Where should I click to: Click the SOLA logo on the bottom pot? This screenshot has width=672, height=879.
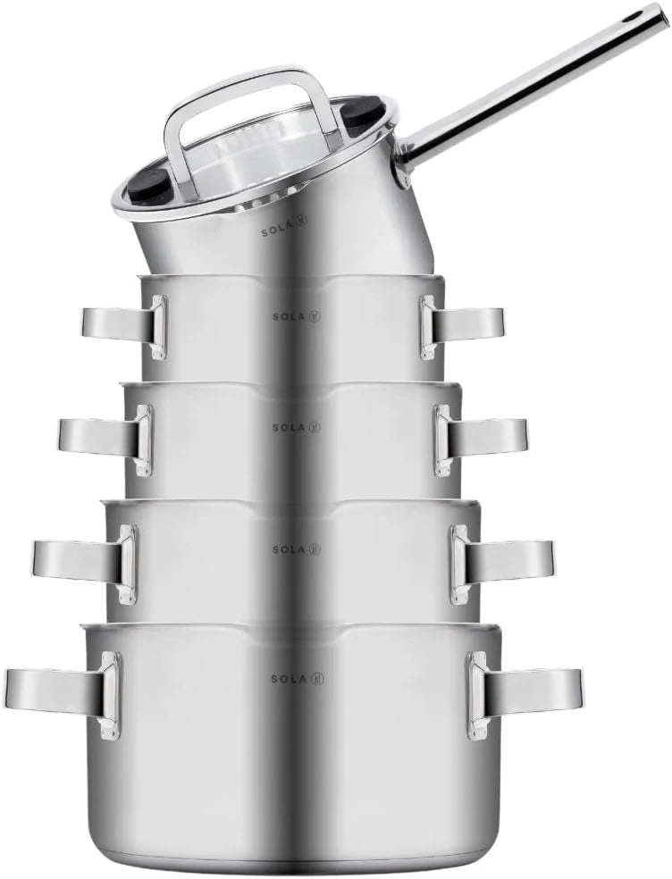pyautogui.click(x=298, y=679)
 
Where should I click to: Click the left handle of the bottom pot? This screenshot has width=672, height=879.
pyautogui.click(x=63, y=693)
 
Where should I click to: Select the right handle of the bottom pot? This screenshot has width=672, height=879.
pyautogui.click(x=525, y=693)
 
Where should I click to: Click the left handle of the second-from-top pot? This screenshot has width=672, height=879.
pyautogui.click(x=124, y=326)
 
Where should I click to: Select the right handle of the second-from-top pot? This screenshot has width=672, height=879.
pyautogui.click(x=462, y=326)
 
